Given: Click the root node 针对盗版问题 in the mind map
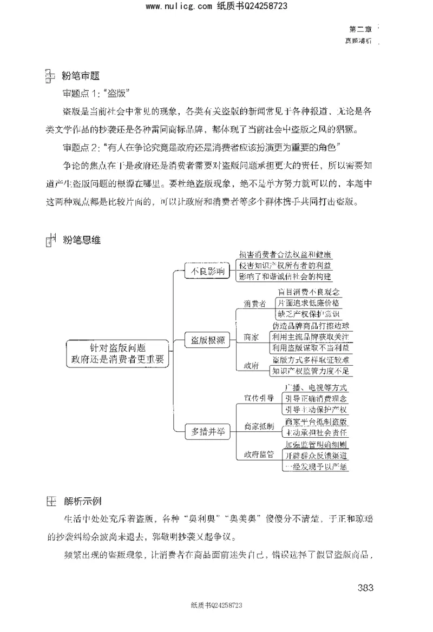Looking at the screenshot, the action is tap(117, 353).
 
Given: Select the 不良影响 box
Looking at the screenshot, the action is tap(205, 272).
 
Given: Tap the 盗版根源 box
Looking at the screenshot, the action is tap(208, 340).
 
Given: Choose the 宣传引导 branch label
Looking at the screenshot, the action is tap(259, 398).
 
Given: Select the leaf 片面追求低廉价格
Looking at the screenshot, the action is tap(309, 302).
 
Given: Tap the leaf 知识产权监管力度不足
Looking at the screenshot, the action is tap(311, 371).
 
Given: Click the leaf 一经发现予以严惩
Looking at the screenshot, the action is tap(316, 466).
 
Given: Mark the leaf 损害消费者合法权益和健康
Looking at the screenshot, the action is tap(285, 254).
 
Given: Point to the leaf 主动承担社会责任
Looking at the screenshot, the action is tap(316, 433).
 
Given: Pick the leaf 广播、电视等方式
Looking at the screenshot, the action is tap(316, 388).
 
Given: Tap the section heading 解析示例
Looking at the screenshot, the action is tap(83, 501).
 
